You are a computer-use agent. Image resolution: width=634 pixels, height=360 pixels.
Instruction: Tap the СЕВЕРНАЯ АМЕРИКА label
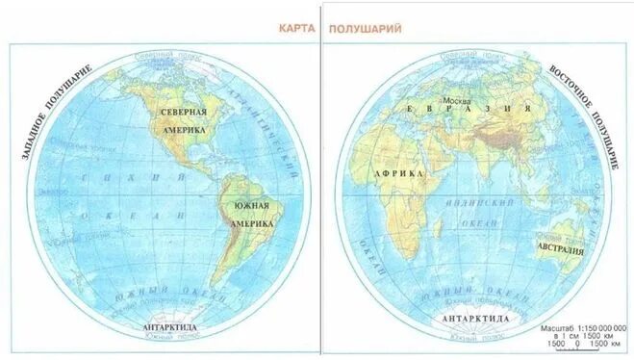pos(184,119)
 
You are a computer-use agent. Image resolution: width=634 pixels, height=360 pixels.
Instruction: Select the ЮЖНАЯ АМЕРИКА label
pos(249,214)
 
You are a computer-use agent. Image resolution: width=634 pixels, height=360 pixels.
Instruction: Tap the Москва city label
pos(455,98)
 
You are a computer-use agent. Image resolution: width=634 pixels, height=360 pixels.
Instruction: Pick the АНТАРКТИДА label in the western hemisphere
pos(169,327)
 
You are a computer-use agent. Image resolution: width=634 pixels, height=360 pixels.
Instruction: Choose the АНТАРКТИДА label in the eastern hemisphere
pos(471,318)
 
